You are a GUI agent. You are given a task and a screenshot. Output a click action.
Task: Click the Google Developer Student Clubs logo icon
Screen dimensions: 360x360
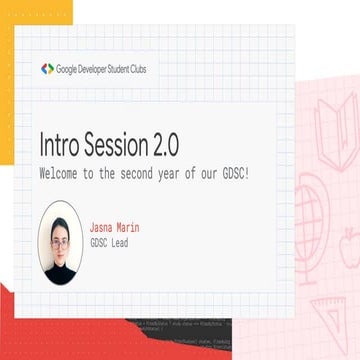[x=47, y=69]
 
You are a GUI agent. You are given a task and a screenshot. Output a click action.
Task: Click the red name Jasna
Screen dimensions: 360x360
[x=103, y=229]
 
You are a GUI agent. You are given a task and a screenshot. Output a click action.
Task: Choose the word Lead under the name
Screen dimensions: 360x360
[x=117, y=243]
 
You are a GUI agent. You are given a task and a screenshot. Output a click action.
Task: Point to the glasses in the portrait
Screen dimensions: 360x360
[x=61, y=241]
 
